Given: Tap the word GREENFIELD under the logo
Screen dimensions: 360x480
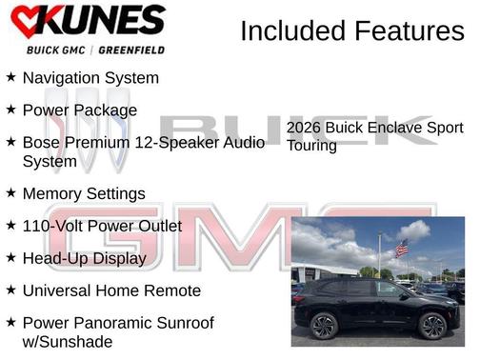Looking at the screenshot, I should [x=126, y=50].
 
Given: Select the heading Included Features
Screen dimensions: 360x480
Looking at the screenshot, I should [x=351, y=30].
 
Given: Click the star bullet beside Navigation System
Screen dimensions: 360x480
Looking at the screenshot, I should [x=10, y=77].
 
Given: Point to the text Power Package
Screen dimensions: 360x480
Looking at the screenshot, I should [x=79, y=110].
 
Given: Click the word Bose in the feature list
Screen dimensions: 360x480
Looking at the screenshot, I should [x=42, y=142].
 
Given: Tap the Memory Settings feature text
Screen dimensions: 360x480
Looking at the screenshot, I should [x=84, y=193].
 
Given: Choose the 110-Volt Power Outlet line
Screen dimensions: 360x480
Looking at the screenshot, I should [x=102, y=226].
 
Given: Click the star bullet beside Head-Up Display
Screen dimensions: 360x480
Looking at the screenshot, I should [x=10, y=257].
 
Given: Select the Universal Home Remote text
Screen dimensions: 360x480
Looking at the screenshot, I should [x=111, y=290].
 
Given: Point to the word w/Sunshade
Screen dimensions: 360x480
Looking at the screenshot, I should [x=67, y=341].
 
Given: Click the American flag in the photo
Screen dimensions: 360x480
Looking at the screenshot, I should [x=401, y=248].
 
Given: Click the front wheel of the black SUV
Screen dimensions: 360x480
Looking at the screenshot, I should [x=432, y=326].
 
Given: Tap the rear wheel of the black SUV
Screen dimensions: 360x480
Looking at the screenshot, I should [x=324, y=327].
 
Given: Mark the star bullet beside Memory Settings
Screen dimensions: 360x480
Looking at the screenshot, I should [x=10, y=192].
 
